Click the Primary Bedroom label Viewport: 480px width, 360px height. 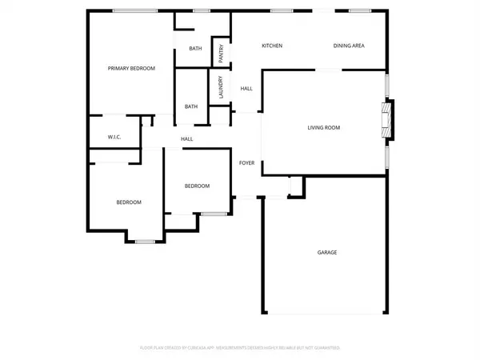[131, 69]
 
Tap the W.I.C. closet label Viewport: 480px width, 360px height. [114, 138]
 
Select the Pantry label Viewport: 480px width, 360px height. [222, 52]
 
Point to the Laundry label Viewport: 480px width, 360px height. [220, 86]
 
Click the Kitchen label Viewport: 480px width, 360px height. [272, 46]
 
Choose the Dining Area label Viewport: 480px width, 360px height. [349, 46]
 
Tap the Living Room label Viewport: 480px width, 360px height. [324, 127]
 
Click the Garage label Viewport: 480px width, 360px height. [326, 253]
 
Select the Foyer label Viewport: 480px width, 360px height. [247, 163]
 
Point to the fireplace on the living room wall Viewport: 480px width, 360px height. [387, 118]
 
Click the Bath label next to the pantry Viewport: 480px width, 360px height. [195, 50]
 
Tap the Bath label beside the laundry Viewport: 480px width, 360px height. [191, 106]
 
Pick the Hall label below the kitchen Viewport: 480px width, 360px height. [246, 88]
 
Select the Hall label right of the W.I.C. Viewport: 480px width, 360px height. [186, 139]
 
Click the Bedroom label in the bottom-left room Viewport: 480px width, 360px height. [130, 202]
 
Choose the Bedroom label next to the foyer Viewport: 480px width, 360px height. [197, 186]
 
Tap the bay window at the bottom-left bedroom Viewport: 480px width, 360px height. [145, 241]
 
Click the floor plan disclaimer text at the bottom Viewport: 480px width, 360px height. [240, 348]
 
